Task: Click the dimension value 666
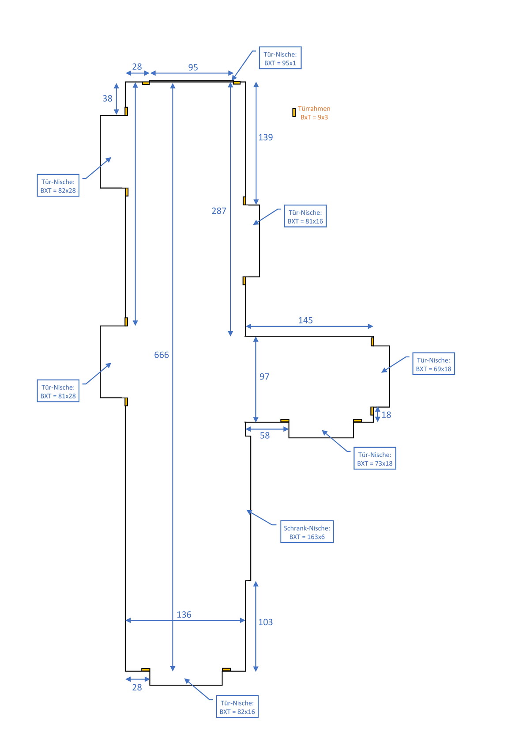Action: tap(162, 355)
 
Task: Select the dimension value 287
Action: tap(219, 211)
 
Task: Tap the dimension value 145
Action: tap(305, 320)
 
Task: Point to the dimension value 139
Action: tap(266, 137)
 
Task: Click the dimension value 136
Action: tap(184, 615)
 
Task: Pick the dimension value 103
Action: tap(266, 622)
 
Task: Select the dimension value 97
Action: tap(264, 377)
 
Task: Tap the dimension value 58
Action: tap(265, 436)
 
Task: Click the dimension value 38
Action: tap(108, 99)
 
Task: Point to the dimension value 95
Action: tap(193, 68)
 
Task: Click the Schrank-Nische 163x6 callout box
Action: tap(307, 532)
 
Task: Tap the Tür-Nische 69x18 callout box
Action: tap(434, 364)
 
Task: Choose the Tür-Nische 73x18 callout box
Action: tap(375, 459)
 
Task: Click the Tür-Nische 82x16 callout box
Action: tap(237, 707)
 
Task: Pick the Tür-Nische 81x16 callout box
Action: tap(305, 216)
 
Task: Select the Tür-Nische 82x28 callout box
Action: tap(58, 186)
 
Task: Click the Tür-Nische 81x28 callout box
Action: tap(58, 391)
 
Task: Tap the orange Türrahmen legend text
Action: tap(314, 113)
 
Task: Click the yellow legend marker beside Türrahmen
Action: tap(294, 113)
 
